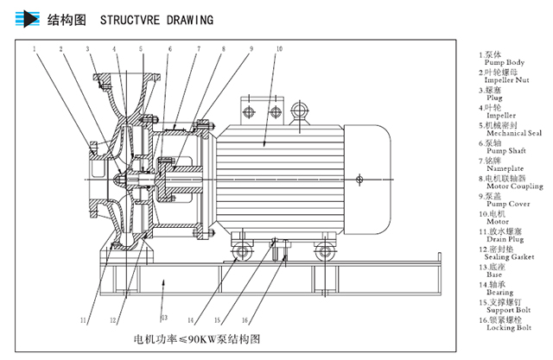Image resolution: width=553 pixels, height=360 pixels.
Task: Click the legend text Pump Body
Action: pyautogui.click(x=502, y=63)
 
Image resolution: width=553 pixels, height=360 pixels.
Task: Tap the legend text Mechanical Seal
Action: pyautogui.click(x=512, y=133)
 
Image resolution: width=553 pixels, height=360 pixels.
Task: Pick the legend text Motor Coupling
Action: pyautogui.click(x=512, y=186)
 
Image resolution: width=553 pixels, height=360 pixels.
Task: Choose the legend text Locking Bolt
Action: pyautogui.click(x=506, y=328)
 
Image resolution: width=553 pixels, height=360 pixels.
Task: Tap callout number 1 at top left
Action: pyautogui.click(x=36, y=49)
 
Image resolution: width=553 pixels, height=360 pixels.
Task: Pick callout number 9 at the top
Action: pyautogui.click(x=252, y=49)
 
